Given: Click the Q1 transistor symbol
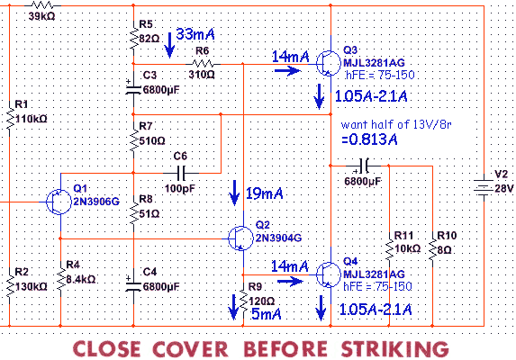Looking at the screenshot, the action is (59, 202).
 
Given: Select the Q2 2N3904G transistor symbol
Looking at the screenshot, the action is (240, 238).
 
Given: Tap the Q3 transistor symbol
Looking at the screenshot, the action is (329, 64).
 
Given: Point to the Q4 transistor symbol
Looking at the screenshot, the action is (329, 274).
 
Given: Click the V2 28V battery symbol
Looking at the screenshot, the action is (484, 188).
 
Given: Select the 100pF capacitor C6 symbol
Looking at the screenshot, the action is (181, 173).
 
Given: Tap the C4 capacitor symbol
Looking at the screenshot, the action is (133, 285).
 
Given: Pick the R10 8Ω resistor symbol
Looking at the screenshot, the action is (432, 250).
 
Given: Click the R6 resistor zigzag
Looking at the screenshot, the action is (203, 64).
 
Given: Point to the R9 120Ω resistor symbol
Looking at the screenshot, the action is (243, 300).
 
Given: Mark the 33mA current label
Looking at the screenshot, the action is (195, 34).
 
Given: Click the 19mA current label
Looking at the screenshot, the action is (264, 193).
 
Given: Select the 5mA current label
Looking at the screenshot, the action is (267, 313).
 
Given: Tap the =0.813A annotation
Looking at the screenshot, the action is (369, 139).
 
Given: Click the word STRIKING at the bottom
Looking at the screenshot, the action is (395, 348).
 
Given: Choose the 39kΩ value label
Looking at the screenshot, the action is (41, 16).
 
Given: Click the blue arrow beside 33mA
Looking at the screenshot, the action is (169, 45).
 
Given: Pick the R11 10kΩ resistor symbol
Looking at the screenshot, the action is (389, 250).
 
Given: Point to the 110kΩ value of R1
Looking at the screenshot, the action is (31, 119).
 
